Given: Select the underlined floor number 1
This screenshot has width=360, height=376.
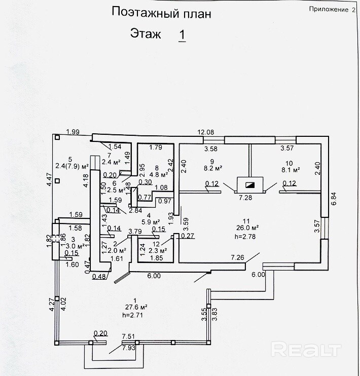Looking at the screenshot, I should (x=182, y=35).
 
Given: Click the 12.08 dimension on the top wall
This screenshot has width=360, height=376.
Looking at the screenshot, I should (x=205, y=132).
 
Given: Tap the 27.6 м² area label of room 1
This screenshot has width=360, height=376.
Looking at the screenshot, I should (x=136, y=307).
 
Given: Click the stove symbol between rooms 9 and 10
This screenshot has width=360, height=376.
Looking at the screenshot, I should (x=249, y=185).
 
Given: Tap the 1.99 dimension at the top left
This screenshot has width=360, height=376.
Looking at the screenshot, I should (x=73, y=132).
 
